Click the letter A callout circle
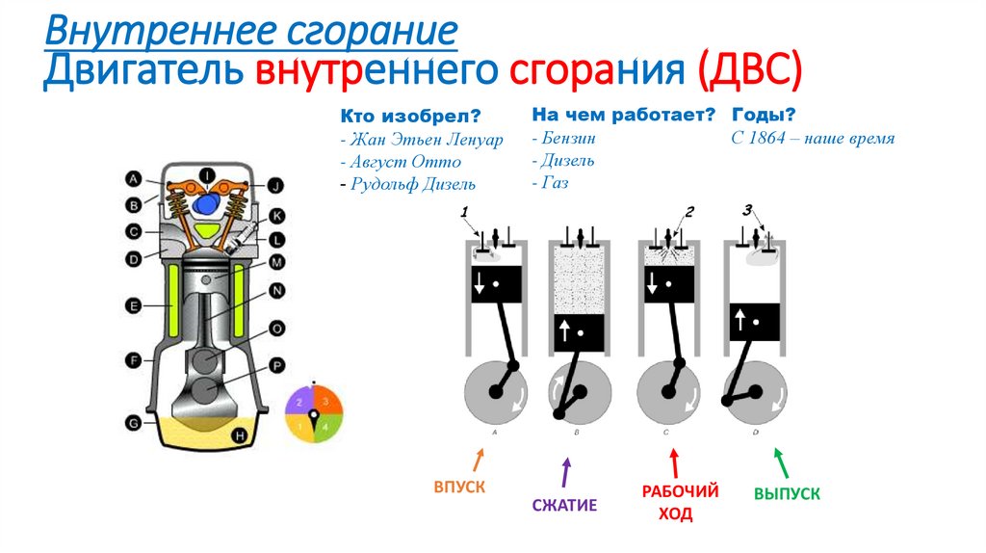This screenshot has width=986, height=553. click(135, 178)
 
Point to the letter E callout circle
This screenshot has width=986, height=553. click(135, 305)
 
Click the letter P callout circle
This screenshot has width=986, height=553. click(276, 366)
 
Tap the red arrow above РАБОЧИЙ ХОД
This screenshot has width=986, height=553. click(674, 460)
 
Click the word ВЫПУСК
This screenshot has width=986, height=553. click(787, 493)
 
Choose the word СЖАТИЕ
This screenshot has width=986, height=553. click(564, 505)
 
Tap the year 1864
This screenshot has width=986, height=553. click(766, 138)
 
